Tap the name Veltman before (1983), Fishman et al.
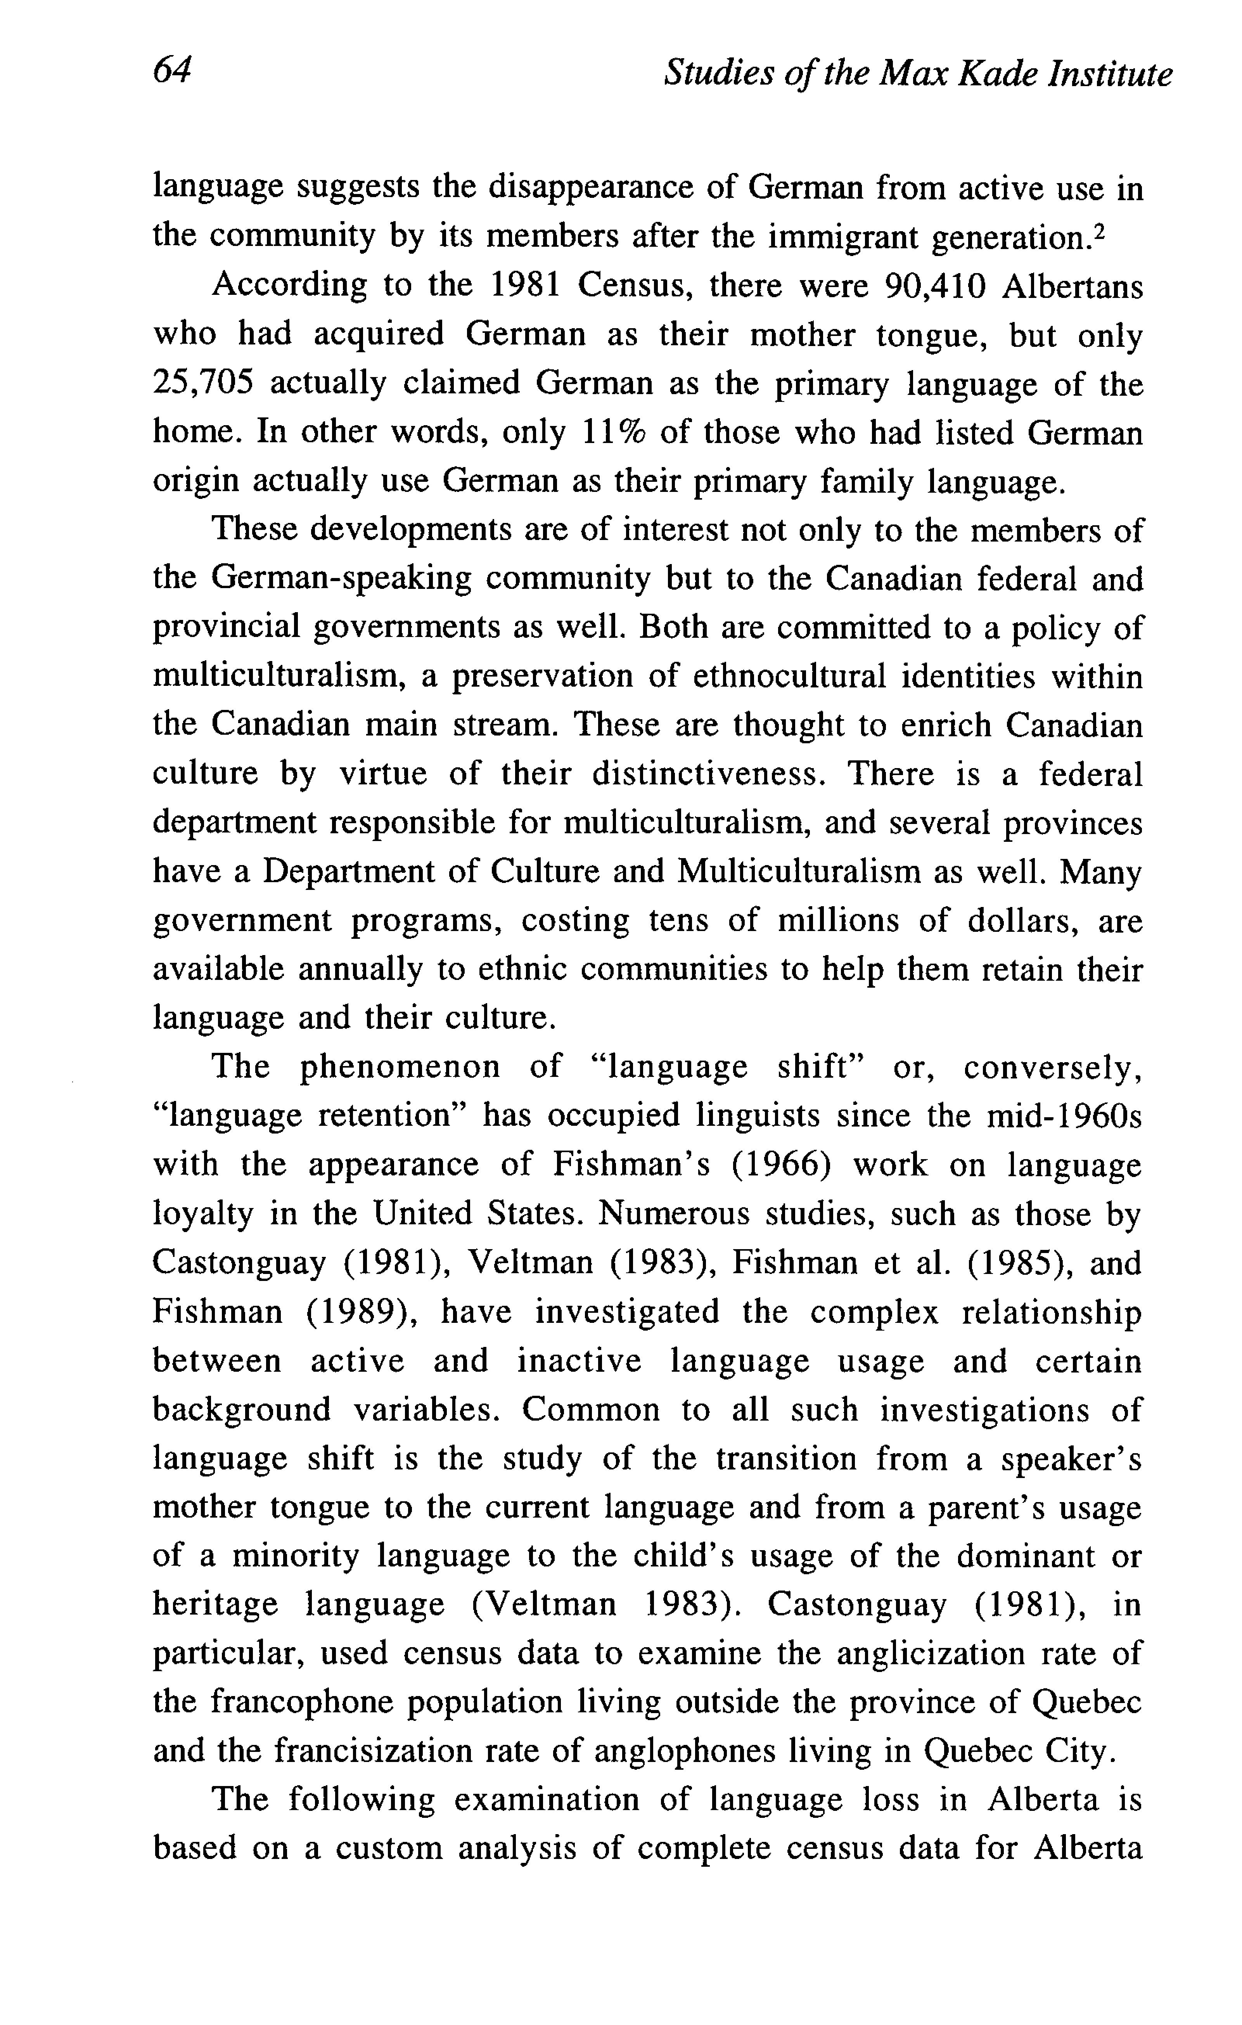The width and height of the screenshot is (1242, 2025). tap(530, 1262)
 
